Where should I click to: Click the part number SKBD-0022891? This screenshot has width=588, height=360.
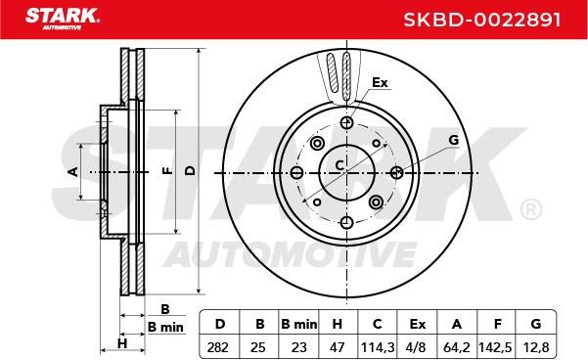tap(482, 20)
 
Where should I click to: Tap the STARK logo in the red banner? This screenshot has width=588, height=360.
tap(63, 19)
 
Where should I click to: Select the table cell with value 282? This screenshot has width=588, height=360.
tap(217, 347)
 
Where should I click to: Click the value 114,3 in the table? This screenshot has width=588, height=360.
tap(378, 347)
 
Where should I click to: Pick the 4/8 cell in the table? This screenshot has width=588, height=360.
tap(416, 347)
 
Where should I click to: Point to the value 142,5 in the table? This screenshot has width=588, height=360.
tap(495, 347)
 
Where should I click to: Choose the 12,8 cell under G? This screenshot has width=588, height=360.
tap(536, 347)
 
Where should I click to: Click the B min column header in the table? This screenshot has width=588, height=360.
tap(298, 324)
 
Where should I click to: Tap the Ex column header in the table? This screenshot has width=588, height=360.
tap(418, 324)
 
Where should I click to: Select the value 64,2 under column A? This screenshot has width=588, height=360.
tap(457, 347)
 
